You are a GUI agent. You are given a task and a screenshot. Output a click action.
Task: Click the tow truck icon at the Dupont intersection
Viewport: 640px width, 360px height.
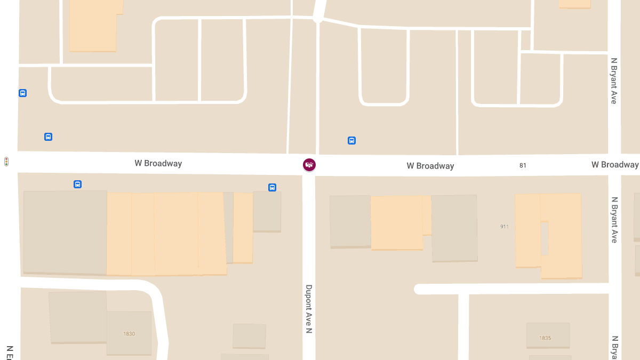click(309, 165)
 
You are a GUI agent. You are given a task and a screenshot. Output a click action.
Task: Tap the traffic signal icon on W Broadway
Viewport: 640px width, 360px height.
click(6, 162)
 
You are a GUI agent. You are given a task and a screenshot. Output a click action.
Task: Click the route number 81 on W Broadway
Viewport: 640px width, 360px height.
click(523, 165)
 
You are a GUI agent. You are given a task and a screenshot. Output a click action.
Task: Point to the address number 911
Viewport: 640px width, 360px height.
click(505, 227)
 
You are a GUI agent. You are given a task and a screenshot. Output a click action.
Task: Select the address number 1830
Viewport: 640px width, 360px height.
click(129, 334)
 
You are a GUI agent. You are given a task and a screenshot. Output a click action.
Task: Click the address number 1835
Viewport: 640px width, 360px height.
click(545, 338)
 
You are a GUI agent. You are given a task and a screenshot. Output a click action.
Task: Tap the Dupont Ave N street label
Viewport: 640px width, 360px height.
click(309, 309)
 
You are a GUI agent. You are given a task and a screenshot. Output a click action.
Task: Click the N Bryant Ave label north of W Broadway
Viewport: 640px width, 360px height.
click(614, 81)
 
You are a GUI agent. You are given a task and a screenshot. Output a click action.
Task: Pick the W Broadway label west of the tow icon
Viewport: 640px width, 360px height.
click(158, 163)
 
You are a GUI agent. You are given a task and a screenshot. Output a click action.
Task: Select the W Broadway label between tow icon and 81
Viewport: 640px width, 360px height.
click(430, 166)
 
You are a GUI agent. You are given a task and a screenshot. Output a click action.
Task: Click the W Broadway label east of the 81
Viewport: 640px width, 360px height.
click(614, 164)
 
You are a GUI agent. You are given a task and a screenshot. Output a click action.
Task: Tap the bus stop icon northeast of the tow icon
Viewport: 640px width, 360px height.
click(352, 141)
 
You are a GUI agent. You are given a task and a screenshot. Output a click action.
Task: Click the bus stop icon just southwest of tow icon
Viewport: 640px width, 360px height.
click(272, 188)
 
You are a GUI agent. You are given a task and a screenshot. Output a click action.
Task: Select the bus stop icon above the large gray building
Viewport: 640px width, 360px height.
click(77, 185)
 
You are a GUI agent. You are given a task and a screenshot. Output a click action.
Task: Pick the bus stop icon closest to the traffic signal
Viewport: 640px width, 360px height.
click(48, 137)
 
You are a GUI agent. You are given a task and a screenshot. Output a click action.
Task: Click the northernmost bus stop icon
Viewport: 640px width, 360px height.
click(22, 93)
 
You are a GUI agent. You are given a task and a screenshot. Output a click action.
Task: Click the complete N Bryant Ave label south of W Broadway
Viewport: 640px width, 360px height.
click(614, 220)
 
